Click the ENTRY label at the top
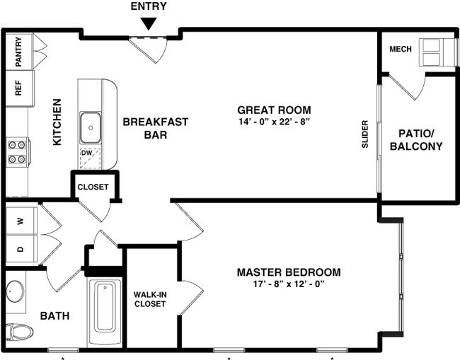coord(149,6)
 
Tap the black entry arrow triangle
coord(149,24)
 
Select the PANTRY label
coord(18,51)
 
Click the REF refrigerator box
coord(18,88)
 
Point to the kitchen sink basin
coord(91,127)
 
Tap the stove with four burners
coord(18,151)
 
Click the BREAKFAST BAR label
coord(156,128)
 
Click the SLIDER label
coord(365,134)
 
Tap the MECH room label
coord(401,50)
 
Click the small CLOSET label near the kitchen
coord(93,187)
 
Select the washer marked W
coord(20,221)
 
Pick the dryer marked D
coord(20,249)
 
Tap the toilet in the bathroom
coord(20,331)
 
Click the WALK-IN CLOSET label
coord(149,299)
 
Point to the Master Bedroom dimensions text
coord(289,284)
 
